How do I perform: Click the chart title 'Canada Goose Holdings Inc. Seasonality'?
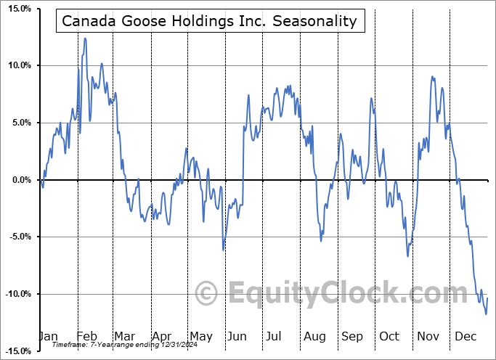pyautogui.click(x=210, y=21)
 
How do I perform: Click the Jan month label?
pyautogui.click(x=48, y=337)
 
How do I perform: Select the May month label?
pyautogui.click(x=200, y=337)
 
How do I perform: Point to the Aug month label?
pyautogui.click(x=315, y=337)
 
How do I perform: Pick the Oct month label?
pyautogui.click(x=390, y=337)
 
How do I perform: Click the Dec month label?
pyautogui.click(x=466, y=337)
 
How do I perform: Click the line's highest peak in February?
pyautogui.click(x=85, y=38)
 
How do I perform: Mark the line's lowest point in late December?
pyautogui.click(x=486, y=314)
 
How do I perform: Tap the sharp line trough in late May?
pyautogui.click(x=223, y=250)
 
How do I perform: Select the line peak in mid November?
pyautogui.click(x=432, y=76)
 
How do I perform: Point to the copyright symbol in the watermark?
pyautogui.click(x=207, y=294)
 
